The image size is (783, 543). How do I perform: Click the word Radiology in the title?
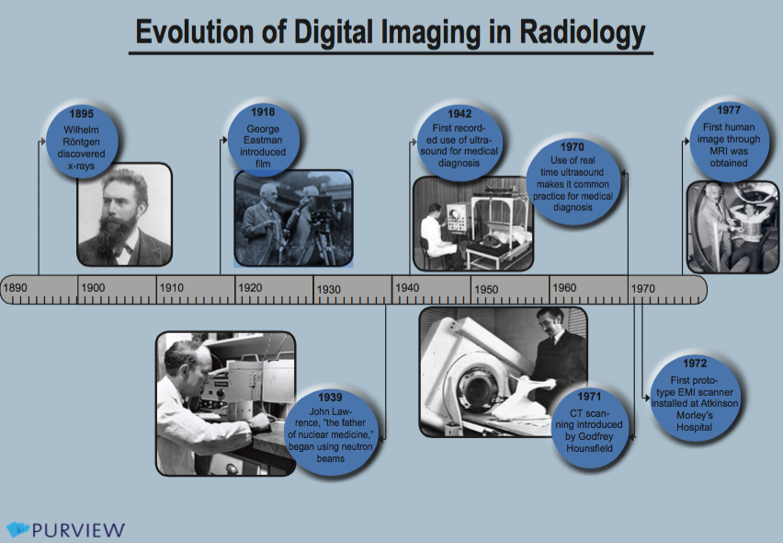pyautogui.click(x=583, y=32)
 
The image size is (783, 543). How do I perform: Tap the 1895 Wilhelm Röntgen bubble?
pyautogui.click(x=82, y=141)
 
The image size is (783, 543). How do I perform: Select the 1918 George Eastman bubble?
pyautogui.click(x=263, y=139)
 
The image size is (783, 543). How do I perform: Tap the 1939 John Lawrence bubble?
pyautogui.click(x=330, y=429)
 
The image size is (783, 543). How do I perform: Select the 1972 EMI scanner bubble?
pyautogui.click(x=695, y=398)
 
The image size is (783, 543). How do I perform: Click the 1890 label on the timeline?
pyautogui.click(x=15, y=287)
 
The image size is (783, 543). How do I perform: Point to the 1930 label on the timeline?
pyautogui.click(x=329, y=290)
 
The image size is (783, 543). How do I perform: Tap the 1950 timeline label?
pyautogui.click(x=486, y=290)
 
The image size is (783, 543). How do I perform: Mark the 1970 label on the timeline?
pyautogui.click(x=642, y=288)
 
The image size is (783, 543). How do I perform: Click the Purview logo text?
pyautogui.click(x=78, y=529)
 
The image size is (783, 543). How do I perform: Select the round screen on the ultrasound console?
pyautogui.click(x=454, y=215)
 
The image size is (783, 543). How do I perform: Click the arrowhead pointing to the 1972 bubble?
pyautogui.click(x=648, y=399)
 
